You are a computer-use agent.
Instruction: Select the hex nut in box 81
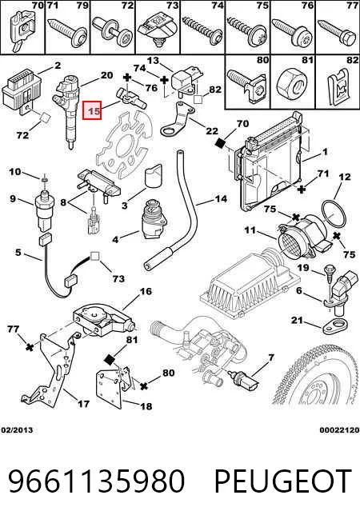click(292, 83)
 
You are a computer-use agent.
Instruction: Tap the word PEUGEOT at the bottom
click(283, 481)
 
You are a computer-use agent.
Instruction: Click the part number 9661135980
click(96, 481)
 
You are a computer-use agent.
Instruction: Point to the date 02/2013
click(17, 430)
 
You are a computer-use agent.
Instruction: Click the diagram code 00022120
click(339, 430)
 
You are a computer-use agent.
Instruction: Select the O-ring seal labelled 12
click(333, 214)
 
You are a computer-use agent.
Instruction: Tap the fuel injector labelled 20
click(68, 111)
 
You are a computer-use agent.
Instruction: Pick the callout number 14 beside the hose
click(221, 199)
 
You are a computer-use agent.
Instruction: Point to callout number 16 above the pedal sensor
click(146, 292)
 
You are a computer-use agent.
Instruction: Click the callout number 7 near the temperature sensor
click(271, 358)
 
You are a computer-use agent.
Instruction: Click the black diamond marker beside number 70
click(220, 143)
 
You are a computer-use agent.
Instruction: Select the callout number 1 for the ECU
click(325, 152)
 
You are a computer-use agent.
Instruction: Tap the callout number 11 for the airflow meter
click(250, 230)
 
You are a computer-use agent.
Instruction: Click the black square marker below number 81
click(110, 359)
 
